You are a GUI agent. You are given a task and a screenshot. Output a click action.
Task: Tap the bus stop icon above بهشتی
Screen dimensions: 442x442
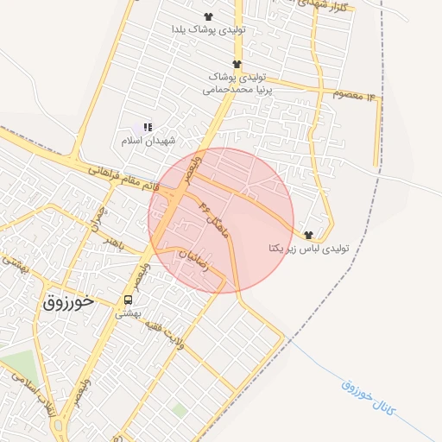tap(128, 300)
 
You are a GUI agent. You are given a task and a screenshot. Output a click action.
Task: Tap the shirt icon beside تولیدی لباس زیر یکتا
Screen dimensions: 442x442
tap(308, 235)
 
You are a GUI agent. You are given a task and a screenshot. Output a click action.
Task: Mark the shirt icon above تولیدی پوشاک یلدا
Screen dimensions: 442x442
tap(208, 16)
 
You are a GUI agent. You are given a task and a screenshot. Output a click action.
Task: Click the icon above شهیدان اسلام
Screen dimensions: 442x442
tap(148, 127)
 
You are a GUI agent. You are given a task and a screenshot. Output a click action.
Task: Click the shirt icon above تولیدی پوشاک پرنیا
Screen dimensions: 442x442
tap(236, 63)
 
